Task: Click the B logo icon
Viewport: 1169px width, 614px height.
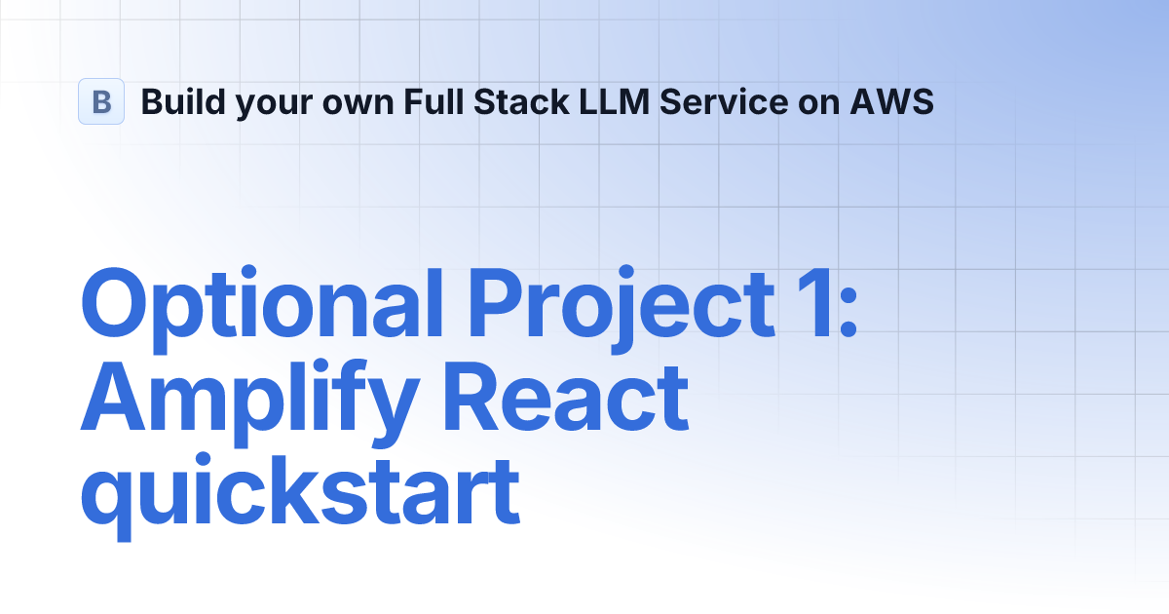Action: pyautogui.click(x=101, y=101)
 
